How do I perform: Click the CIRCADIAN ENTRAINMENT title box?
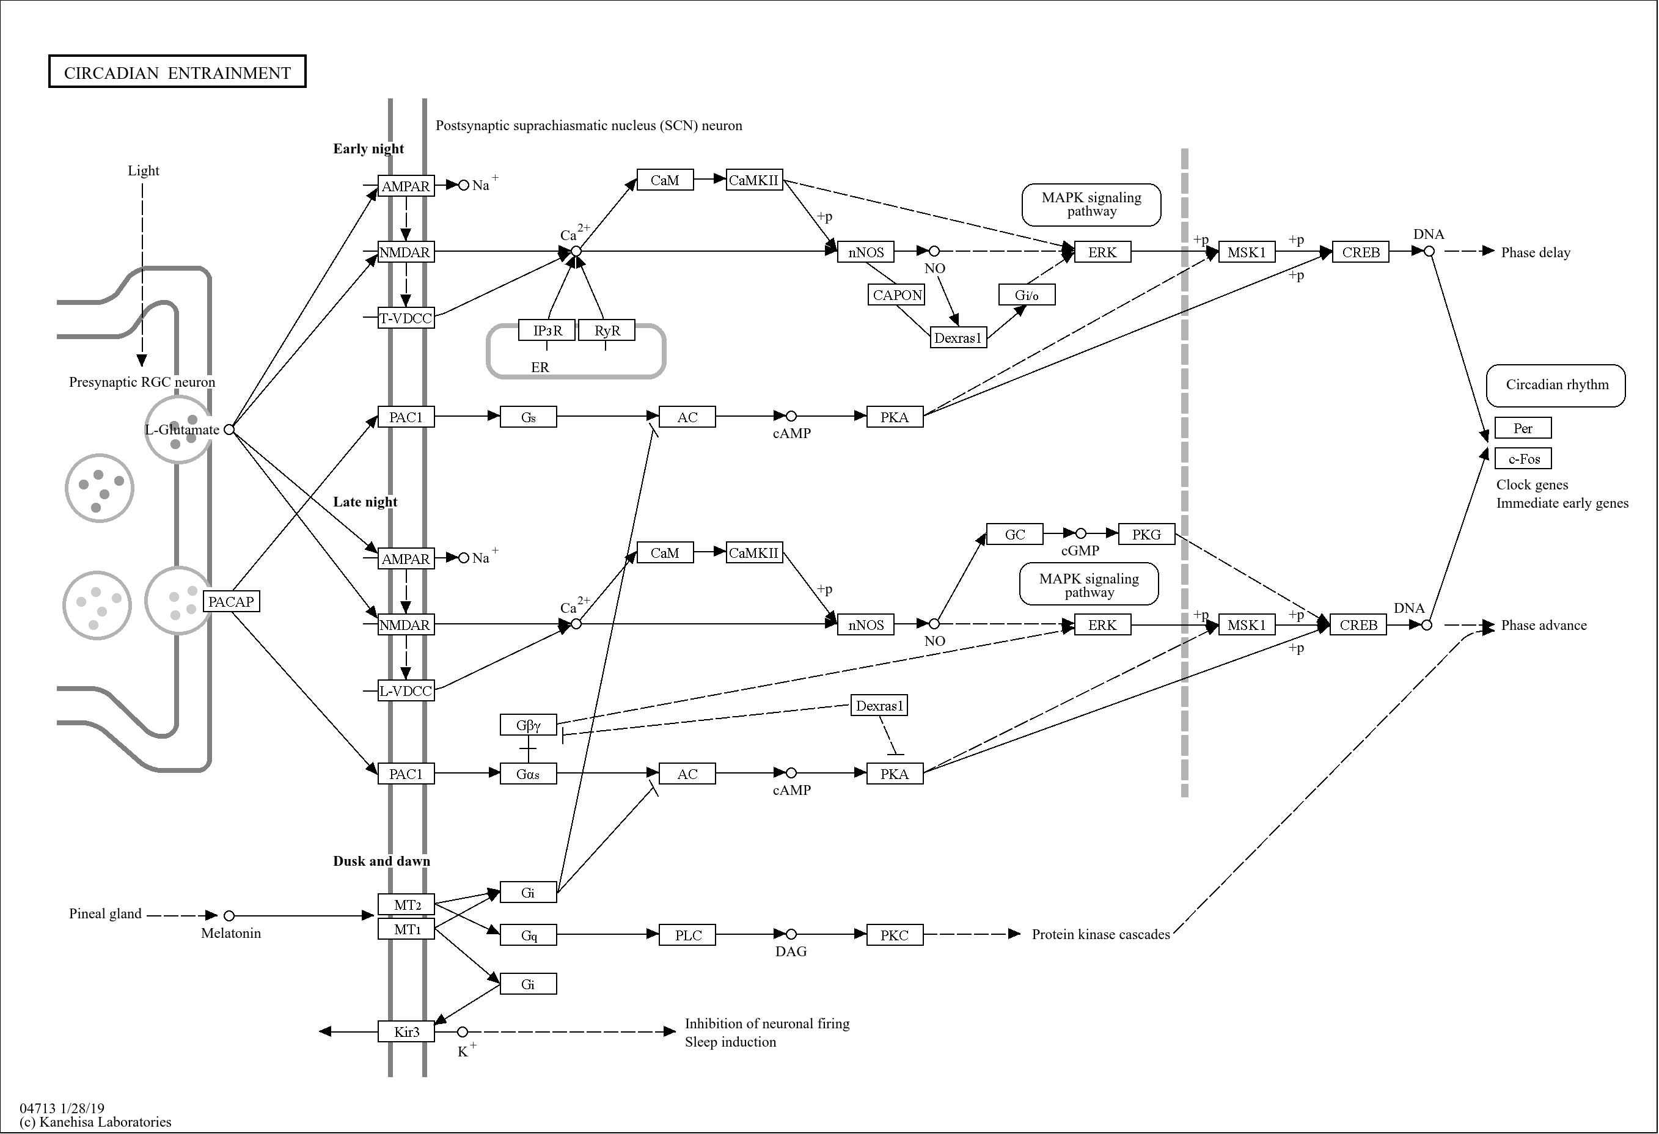click(x=177, y=71)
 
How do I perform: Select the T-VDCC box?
click(x=406, y=318)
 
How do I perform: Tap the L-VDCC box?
click(x=406, y=691)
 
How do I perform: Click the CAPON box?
click(x=897, y=294)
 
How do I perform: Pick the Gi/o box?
click(x=1027, y=294)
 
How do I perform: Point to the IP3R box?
click(x=547, y=331)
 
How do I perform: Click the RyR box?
click(x=606, y=331)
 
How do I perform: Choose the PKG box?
click(x=1146, y=535)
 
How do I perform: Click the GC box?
click(x=1014, y=535)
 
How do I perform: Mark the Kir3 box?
click(x=406, y=1032)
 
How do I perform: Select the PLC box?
click(x=687, y=935)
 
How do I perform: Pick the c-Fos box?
click(x=1523, y=459)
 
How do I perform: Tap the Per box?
click(x=1523, y=428)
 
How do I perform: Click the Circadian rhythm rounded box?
click(x=1556, y=386)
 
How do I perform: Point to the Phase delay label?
click(x=1535, y=252)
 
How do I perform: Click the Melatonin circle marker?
click(x=229, y=916)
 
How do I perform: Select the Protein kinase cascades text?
click(x=1100, y=935)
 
